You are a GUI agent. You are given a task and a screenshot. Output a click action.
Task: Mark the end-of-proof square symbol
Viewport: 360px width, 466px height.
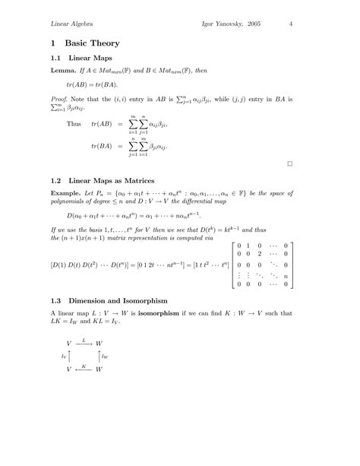click(x=290, y=163)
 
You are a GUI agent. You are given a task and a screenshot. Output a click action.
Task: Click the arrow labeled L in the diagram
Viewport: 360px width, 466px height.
click(x=84, y=344)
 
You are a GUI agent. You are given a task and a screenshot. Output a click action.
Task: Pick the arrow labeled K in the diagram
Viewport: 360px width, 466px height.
click(x=84, y=368)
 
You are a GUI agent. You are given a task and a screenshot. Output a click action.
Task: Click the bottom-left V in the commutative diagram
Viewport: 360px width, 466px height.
click(x=69, y=369)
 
